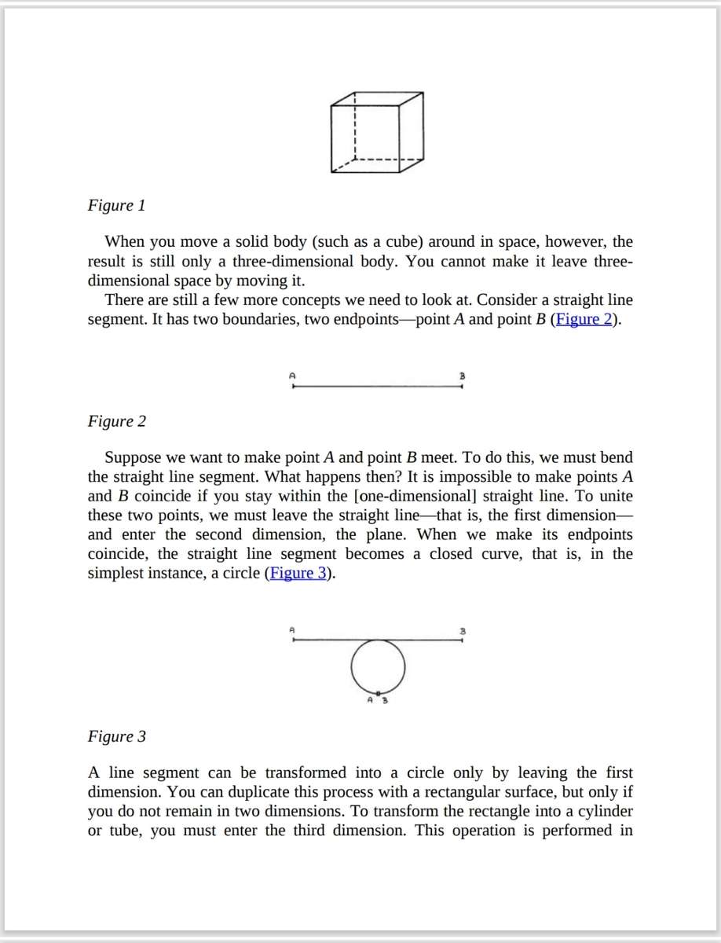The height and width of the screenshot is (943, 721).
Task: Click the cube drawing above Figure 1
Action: tap(377, 132)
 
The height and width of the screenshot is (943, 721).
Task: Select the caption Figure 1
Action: tap(116, 206)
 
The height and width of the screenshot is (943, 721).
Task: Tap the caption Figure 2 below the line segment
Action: tap(116, 422)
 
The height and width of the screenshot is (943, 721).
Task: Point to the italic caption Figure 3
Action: tap(116, 737)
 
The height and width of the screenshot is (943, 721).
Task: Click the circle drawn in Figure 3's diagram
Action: tap(378, 666)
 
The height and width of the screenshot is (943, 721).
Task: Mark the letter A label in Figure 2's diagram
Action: tap(292, 376)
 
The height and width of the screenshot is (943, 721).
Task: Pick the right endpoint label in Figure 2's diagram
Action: tap(463, 376)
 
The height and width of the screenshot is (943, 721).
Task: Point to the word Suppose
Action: tap(133, 458)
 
